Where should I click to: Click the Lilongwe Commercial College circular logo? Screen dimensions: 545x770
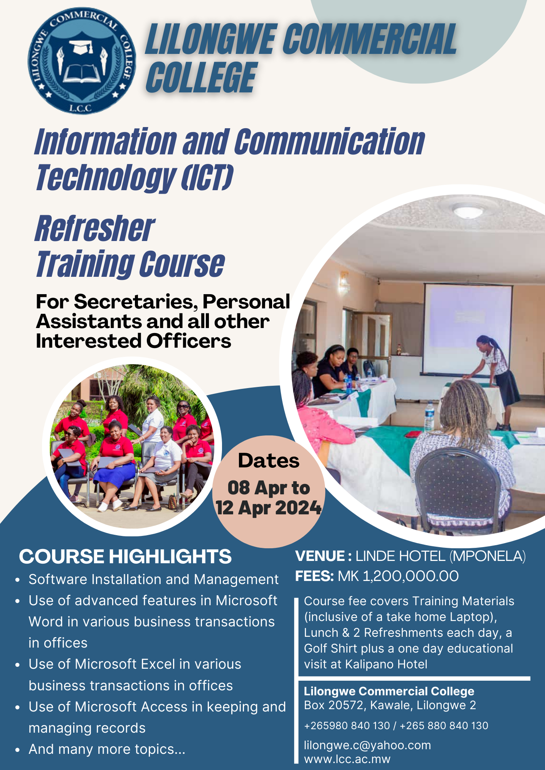(x=82, y=61)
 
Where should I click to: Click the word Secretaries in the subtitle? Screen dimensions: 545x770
(x=136, y=301)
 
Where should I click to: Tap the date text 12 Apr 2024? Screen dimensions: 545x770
(x=269, y=507)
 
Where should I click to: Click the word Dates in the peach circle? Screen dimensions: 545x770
(x=269, y=461)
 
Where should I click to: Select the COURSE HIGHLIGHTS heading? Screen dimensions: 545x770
(x=125, y=556)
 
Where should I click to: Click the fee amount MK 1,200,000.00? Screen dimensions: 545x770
(x=398, y=576)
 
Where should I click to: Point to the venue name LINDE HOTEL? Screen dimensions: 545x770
(x=400, y=556)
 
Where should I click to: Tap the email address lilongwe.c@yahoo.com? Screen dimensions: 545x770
(x=367, y=745)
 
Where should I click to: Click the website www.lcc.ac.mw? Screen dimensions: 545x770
(x=347, y=759)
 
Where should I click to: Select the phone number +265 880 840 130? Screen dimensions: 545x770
(x=444, y=726)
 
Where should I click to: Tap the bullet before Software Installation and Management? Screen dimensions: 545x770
(x=17, y=580)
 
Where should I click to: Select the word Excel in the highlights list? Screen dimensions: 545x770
(x=158, y=664)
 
